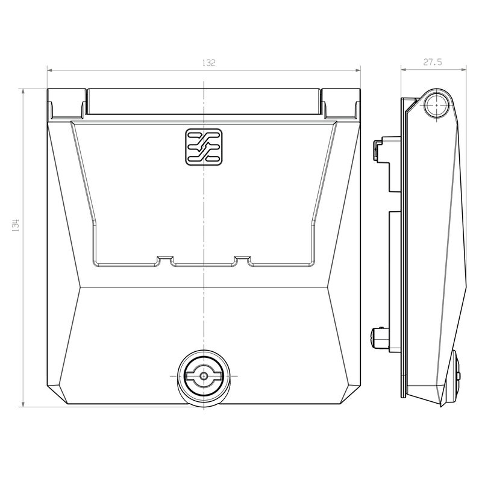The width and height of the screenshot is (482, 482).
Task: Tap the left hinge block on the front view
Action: [66, 104]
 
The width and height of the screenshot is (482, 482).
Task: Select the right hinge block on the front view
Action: [340, 104]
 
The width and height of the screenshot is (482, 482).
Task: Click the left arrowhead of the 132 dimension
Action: [50, 70]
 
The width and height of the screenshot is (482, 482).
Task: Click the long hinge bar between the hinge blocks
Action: [204, 102]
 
